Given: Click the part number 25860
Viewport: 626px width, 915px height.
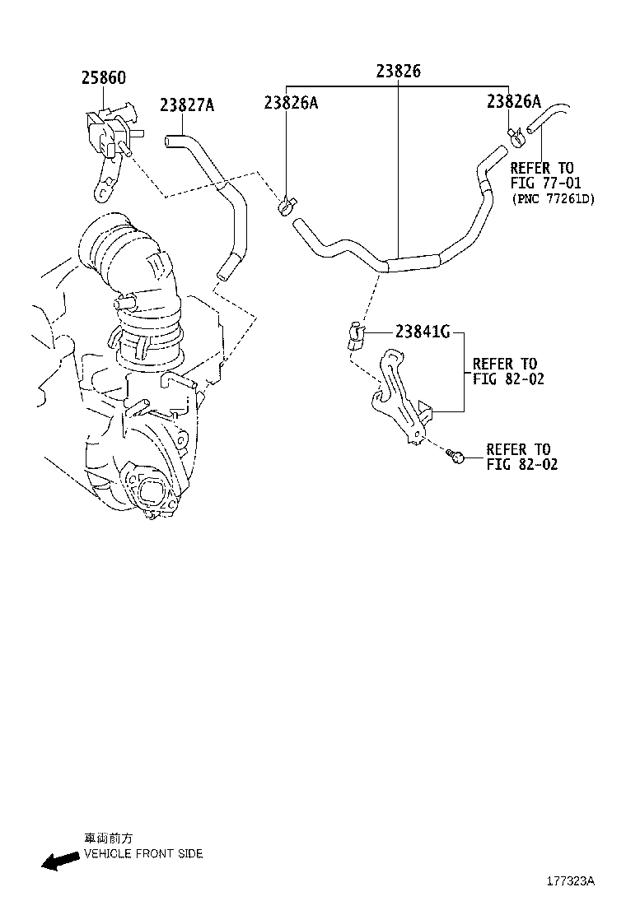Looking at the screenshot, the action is (103, 77).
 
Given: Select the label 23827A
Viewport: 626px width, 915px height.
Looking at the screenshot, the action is (187, 105).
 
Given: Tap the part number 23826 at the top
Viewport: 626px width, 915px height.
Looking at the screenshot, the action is (399, 71).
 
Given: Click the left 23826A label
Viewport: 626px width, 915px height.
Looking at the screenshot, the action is (291, 103).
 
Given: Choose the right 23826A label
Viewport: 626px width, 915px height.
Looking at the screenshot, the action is (514, 101).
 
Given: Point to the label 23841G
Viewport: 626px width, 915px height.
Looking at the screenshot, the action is (423, 332).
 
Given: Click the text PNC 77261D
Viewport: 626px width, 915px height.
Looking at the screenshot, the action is (553, 199).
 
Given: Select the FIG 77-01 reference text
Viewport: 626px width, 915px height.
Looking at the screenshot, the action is (545, 183).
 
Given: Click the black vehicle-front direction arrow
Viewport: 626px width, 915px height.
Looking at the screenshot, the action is (60, 860).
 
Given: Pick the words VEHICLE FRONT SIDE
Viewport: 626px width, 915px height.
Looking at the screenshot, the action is (143, 854).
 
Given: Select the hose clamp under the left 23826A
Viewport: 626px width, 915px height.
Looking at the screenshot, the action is (287, 205).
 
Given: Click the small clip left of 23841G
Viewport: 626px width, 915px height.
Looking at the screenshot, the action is (356, 336).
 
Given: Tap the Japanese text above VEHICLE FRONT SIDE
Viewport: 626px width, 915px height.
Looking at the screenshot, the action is (109, 838).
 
